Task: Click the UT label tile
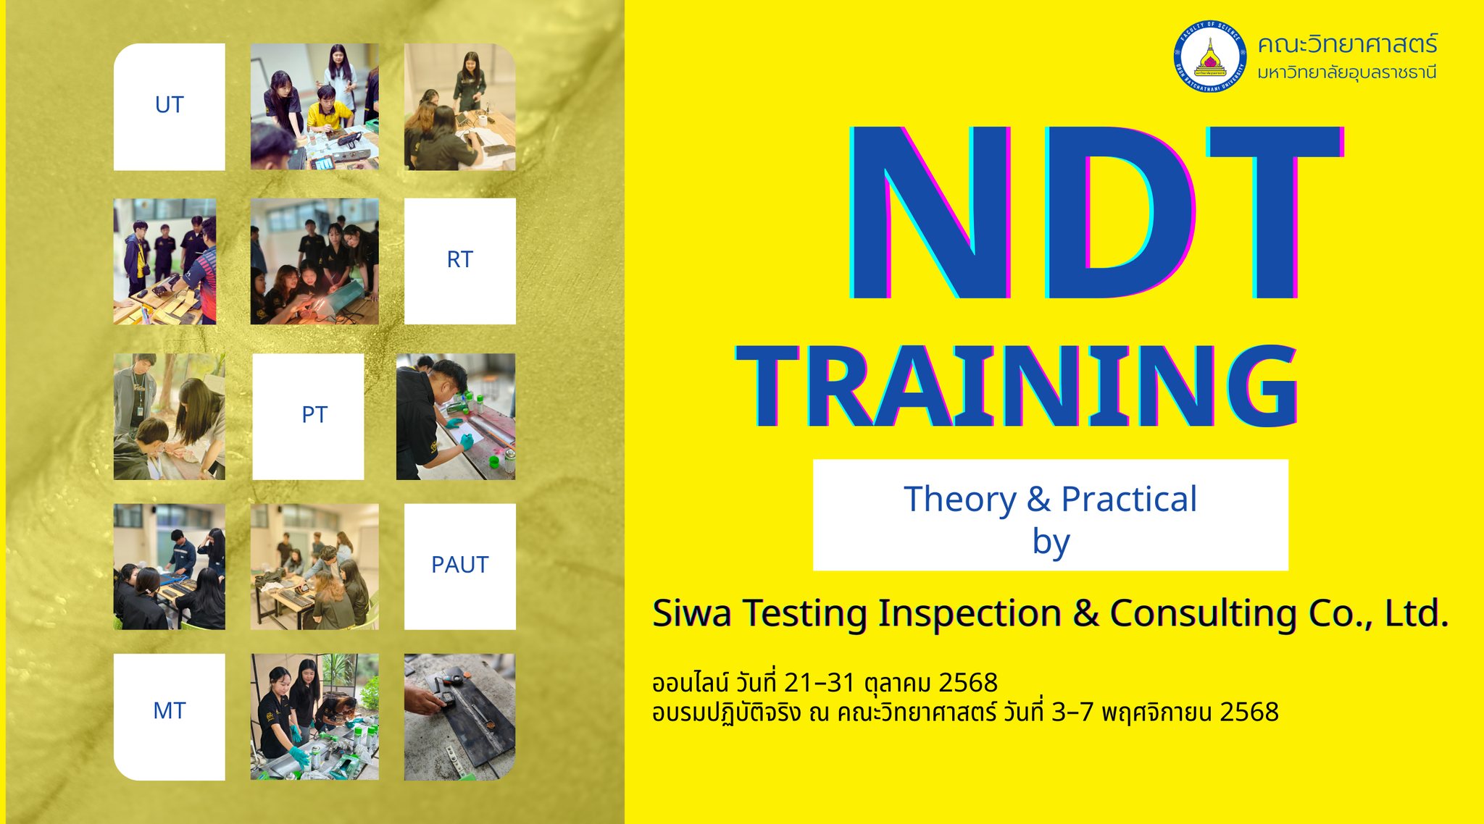[x=169, y=107]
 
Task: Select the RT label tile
[x=460, y=261]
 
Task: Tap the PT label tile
[x=308, y=416]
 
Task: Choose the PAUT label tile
[x=460, y=566]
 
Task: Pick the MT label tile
[x=169, y=717]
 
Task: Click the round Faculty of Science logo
[x=1210, y=56]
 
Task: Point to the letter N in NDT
[x=930, y=212]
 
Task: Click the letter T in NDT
[x=1275, y=212]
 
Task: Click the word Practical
[x=1129, y=499]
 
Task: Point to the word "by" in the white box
[x=1051, y=542]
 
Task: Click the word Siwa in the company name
[x=692, y=613]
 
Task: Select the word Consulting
[x=1204, y=615]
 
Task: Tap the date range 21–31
[x=819, y=683]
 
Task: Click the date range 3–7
[x=1072, y=712]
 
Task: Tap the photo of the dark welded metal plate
[x=460, y=717]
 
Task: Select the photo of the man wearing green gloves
[x=456, y=416]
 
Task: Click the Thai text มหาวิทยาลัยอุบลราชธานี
[x=1347, y=72]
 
